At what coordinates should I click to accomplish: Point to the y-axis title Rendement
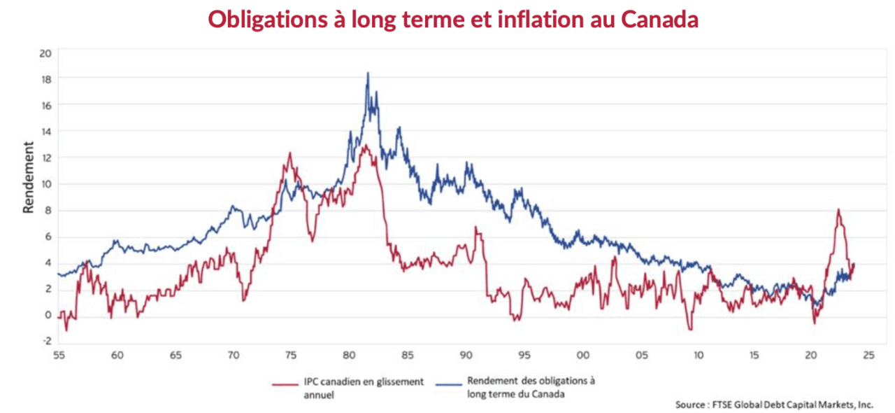[29, 177]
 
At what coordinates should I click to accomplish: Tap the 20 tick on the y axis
[46, 52]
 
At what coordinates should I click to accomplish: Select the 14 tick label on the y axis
[46, 131]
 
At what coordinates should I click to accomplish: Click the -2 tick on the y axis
[47, 341]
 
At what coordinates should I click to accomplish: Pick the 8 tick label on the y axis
[48, 210]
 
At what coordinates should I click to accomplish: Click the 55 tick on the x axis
[59, 356]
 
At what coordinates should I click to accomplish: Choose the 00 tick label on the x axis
[581, 356]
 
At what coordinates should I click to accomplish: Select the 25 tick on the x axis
[868, 356]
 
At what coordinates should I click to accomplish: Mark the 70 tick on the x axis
[233, 356]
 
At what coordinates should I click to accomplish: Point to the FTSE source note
[774, 405]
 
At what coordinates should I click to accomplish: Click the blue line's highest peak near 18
[368, 73]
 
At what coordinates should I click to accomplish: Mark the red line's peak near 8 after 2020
[838, 209]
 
